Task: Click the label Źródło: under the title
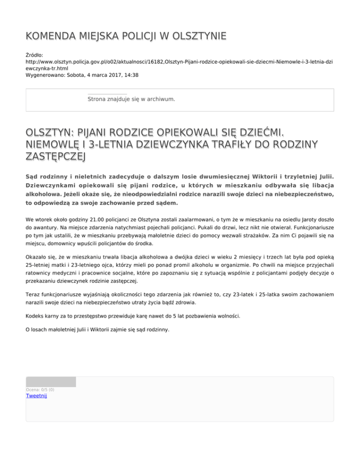pyautogui.click(x=35, y=55)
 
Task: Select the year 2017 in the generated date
pyautogui.click(x=115, y=75)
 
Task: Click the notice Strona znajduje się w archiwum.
pyautogui.click(x=131, y=99)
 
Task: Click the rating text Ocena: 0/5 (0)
pyautogui.click(x=40, y=390)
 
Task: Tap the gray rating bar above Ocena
pyautogui.click(x=51, y=382)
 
